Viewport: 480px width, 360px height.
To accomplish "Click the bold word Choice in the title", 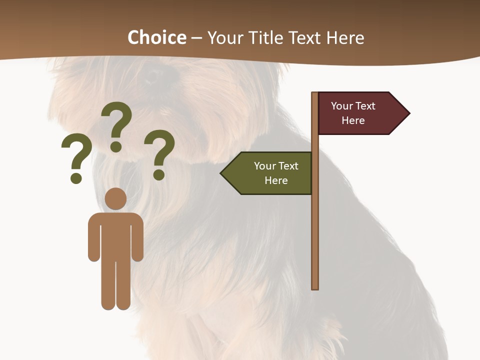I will point(156,37).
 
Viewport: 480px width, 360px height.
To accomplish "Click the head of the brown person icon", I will point(115,198).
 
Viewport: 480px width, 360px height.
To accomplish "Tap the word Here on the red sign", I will point(353,120).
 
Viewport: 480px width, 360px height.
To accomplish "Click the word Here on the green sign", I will point(276,180).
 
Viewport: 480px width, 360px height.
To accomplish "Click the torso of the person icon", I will point(115,235).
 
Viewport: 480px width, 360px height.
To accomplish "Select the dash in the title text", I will point(196,38).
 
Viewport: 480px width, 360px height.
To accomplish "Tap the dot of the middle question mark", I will point(116,146).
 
